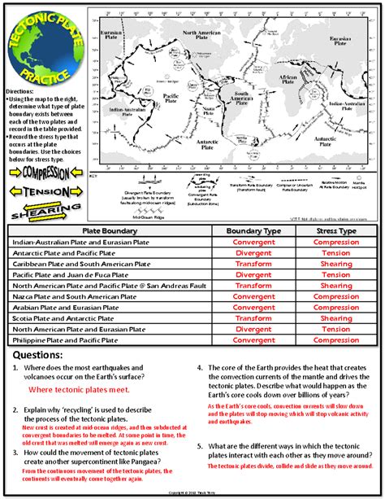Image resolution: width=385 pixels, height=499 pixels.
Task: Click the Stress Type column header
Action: point(336,231)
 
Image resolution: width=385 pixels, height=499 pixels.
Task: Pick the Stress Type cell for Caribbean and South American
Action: point(336,264)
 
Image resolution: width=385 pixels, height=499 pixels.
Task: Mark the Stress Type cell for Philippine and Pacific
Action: point(336,340)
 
